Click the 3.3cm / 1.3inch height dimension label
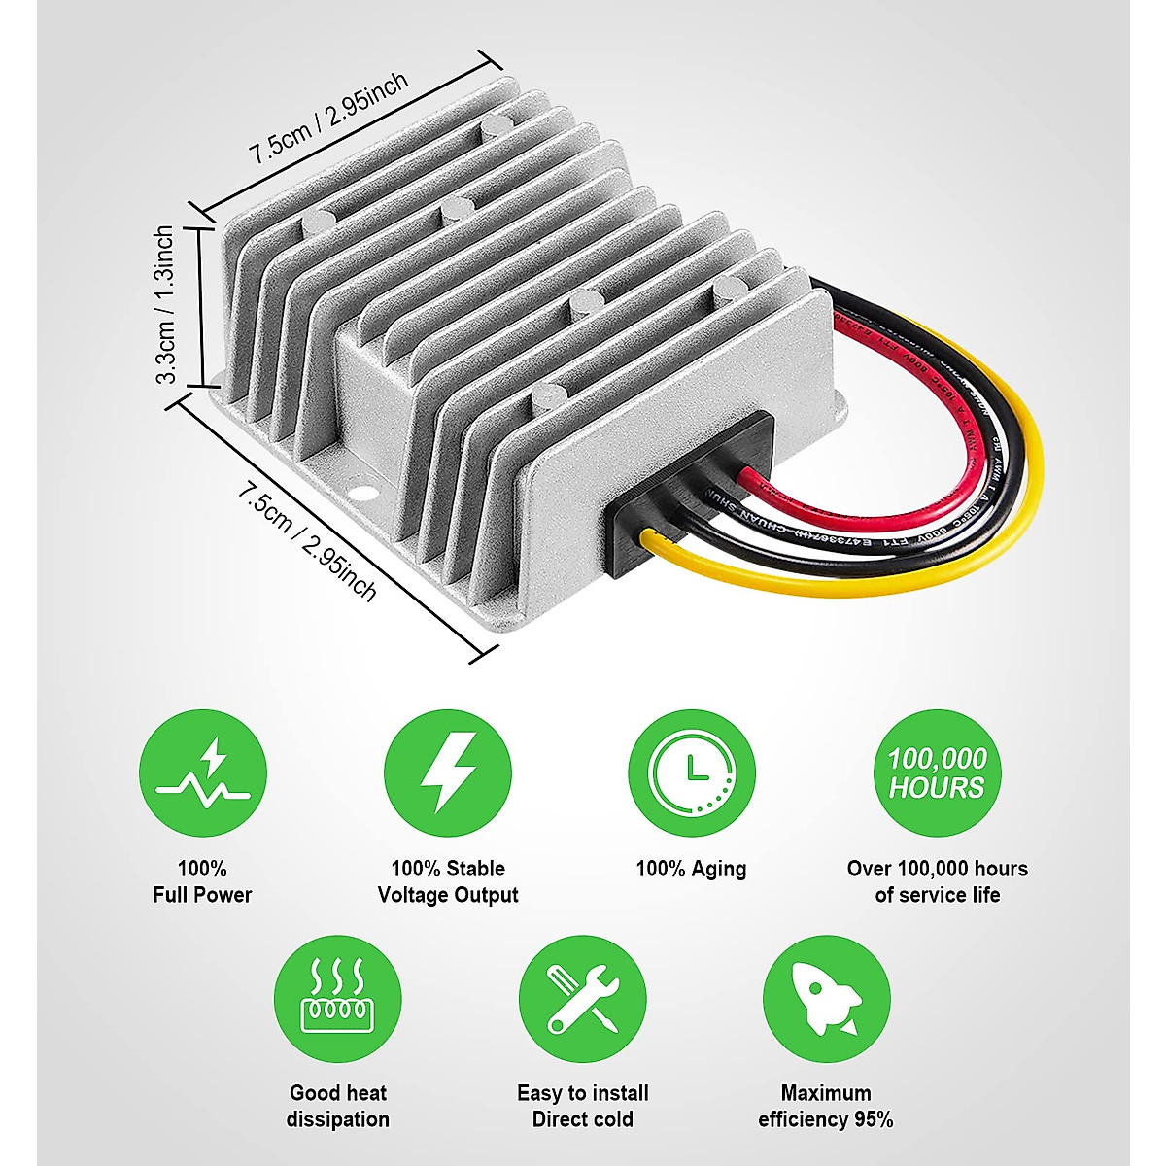click(166, 304)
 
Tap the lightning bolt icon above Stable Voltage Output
click(448, 772)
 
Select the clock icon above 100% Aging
click(692, 772)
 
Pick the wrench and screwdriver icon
click(582, 999)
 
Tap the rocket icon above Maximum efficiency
click(826, 999)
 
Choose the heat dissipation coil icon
click(337, 999)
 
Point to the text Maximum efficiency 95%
click(826, 1106)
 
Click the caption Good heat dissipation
click(337, 1106)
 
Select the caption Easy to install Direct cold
click(582, 1106)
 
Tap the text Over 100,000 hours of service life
click(937, 881)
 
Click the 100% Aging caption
click(691, 869)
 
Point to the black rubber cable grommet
click(692, 491)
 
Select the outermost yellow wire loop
click(1020, 486)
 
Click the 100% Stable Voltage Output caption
click(448, 881)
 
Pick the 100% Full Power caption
click(202, 881)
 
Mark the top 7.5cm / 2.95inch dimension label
click(328, 119)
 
